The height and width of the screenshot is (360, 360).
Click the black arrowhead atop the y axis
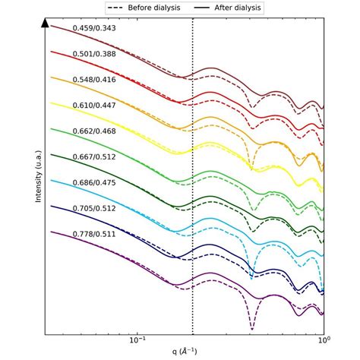(46, 24)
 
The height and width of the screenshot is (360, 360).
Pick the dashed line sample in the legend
(115, 7)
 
